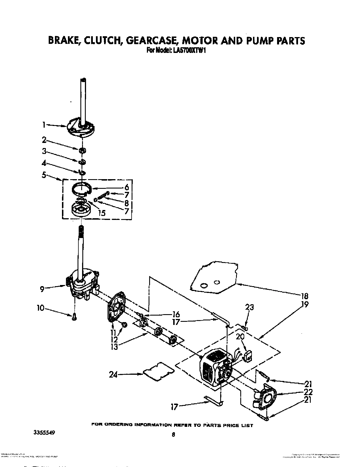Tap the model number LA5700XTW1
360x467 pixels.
[187, 50]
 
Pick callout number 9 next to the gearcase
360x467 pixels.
[42, 289]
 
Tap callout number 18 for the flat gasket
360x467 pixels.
[305, 296]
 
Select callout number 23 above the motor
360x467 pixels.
[249, 307]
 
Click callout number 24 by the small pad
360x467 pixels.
[113, 374]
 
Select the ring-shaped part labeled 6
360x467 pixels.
[82, 189]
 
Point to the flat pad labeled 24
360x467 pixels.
[158, 372]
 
